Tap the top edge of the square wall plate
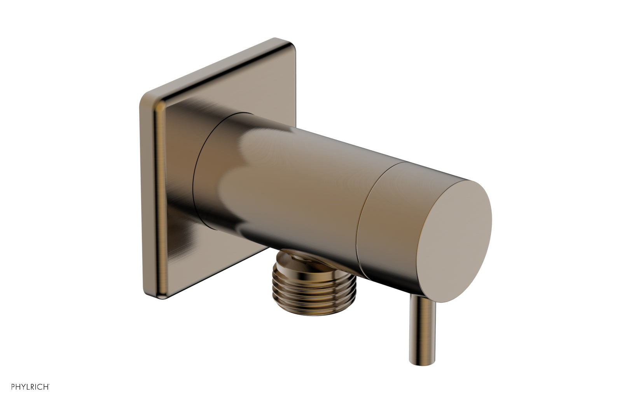pos(218,66)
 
